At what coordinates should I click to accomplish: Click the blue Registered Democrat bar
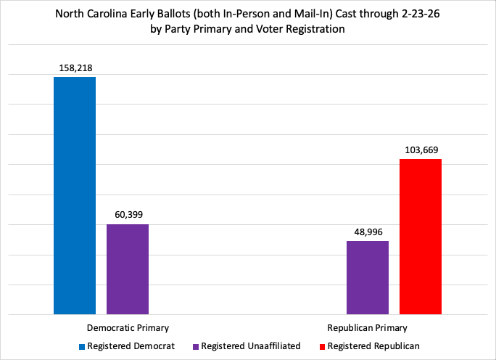(x=75, y=196)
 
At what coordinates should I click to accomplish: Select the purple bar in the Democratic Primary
(x=128, y=269)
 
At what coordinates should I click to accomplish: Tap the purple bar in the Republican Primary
(x=368, y=278)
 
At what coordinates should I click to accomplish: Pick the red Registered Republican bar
(x=421, y=237)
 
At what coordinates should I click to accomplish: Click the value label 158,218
(x=75, y=68)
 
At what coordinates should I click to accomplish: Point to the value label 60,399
(x=128, y=216)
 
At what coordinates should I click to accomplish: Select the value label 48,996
(x=368, y=232)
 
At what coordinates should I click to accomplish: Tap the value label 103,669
(x=421, y=150)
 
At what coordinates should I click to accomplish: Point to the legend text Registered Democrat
(x=131, y=346)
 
